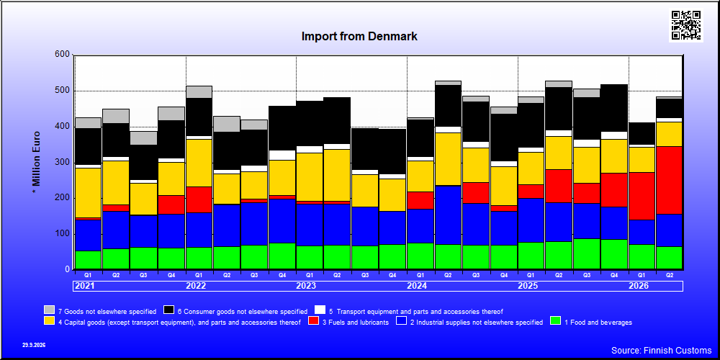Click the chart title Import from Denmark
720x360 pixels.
[x=359, y=36]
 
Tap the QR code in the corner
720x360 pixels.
[x=686, y=25]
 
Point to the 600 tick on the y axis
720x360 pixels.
[x=63, y=55]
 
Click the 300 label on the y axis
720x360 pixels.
[x=63, y=162]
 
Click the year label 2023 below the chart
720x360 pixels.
[x=306, y=286]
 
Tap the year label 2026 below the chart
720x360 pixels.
[x=638, y=286]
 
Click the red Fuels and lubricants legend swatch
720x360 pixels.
[x=313, y=321]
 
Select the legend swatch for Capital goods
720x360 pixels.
[x=50, y=321]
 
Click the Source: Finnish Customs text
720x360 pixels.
[x=661, y=351]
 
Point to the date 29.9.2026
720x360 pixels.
[x=34, y=345]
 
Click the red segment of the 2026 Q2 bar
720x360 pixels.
[x=670, y=180]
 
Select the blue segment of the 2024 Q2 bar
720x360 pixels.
[x=448, y=215]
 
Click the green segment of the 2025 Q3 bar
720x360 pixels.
[x=586, y=254]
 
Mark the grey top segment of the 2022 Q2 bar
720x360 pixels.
[x=227, y=124]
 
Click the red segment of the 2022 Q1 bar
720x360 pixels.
[x=199, y=199]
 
